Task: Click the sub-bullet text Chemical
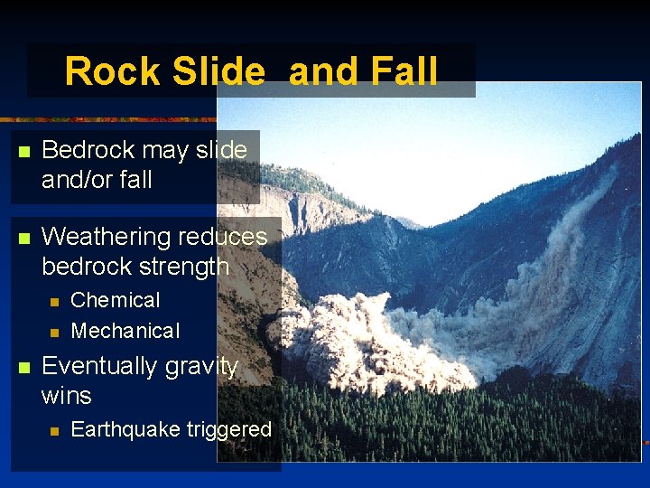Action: [116, 300]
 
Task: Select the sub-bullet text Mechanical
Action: [125, 331]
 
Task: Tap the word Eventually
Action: [97, 367]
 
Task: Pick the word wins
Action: [67, 396]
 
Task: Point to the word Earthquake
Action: [125, 429]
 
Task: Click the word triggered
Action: [229, 430]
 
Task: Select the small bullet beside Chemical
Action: [54, 301]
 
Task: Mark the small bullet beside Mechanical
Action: [54, 332]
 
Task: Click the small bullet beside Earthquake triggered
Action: [54, 431]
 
